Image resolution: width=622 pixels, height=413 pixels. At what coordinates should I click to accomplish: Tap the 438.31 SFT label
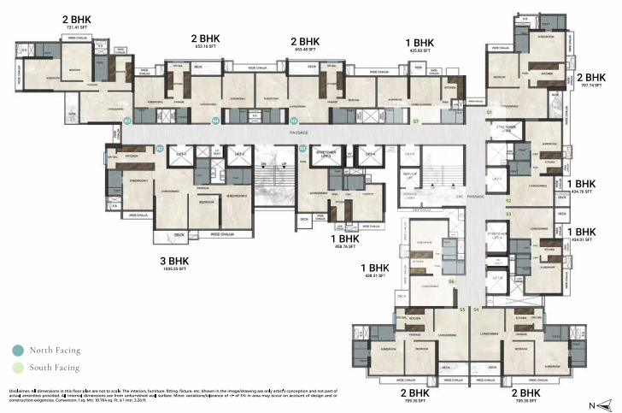pos(374,276)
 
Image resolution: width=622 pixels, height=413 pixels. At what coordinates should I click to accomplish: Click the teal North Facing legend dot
pos(18,351)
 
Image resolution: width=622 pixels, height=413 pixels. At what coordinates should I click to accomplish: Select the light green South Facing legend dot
pos(18,369)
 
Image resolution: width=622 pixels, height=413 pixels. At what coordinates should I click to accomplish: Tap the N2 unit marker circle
pos(160,148)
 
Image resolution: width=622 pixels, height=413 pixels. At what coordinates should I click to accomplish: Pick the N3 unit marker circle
pos(216,121)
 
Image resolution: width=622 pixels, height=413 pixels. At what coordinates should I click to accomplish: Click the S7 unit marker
pos(415,121)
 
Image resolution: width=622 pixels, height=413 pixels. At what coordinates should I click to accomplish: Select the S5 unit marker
pos(462,309)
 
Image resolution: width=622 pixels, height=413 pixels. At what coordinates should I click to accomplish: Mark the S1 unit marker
pos(490,112)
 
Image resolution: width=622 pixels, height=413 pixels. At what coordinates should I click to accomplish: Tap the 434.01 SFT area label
pos(582,240)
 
